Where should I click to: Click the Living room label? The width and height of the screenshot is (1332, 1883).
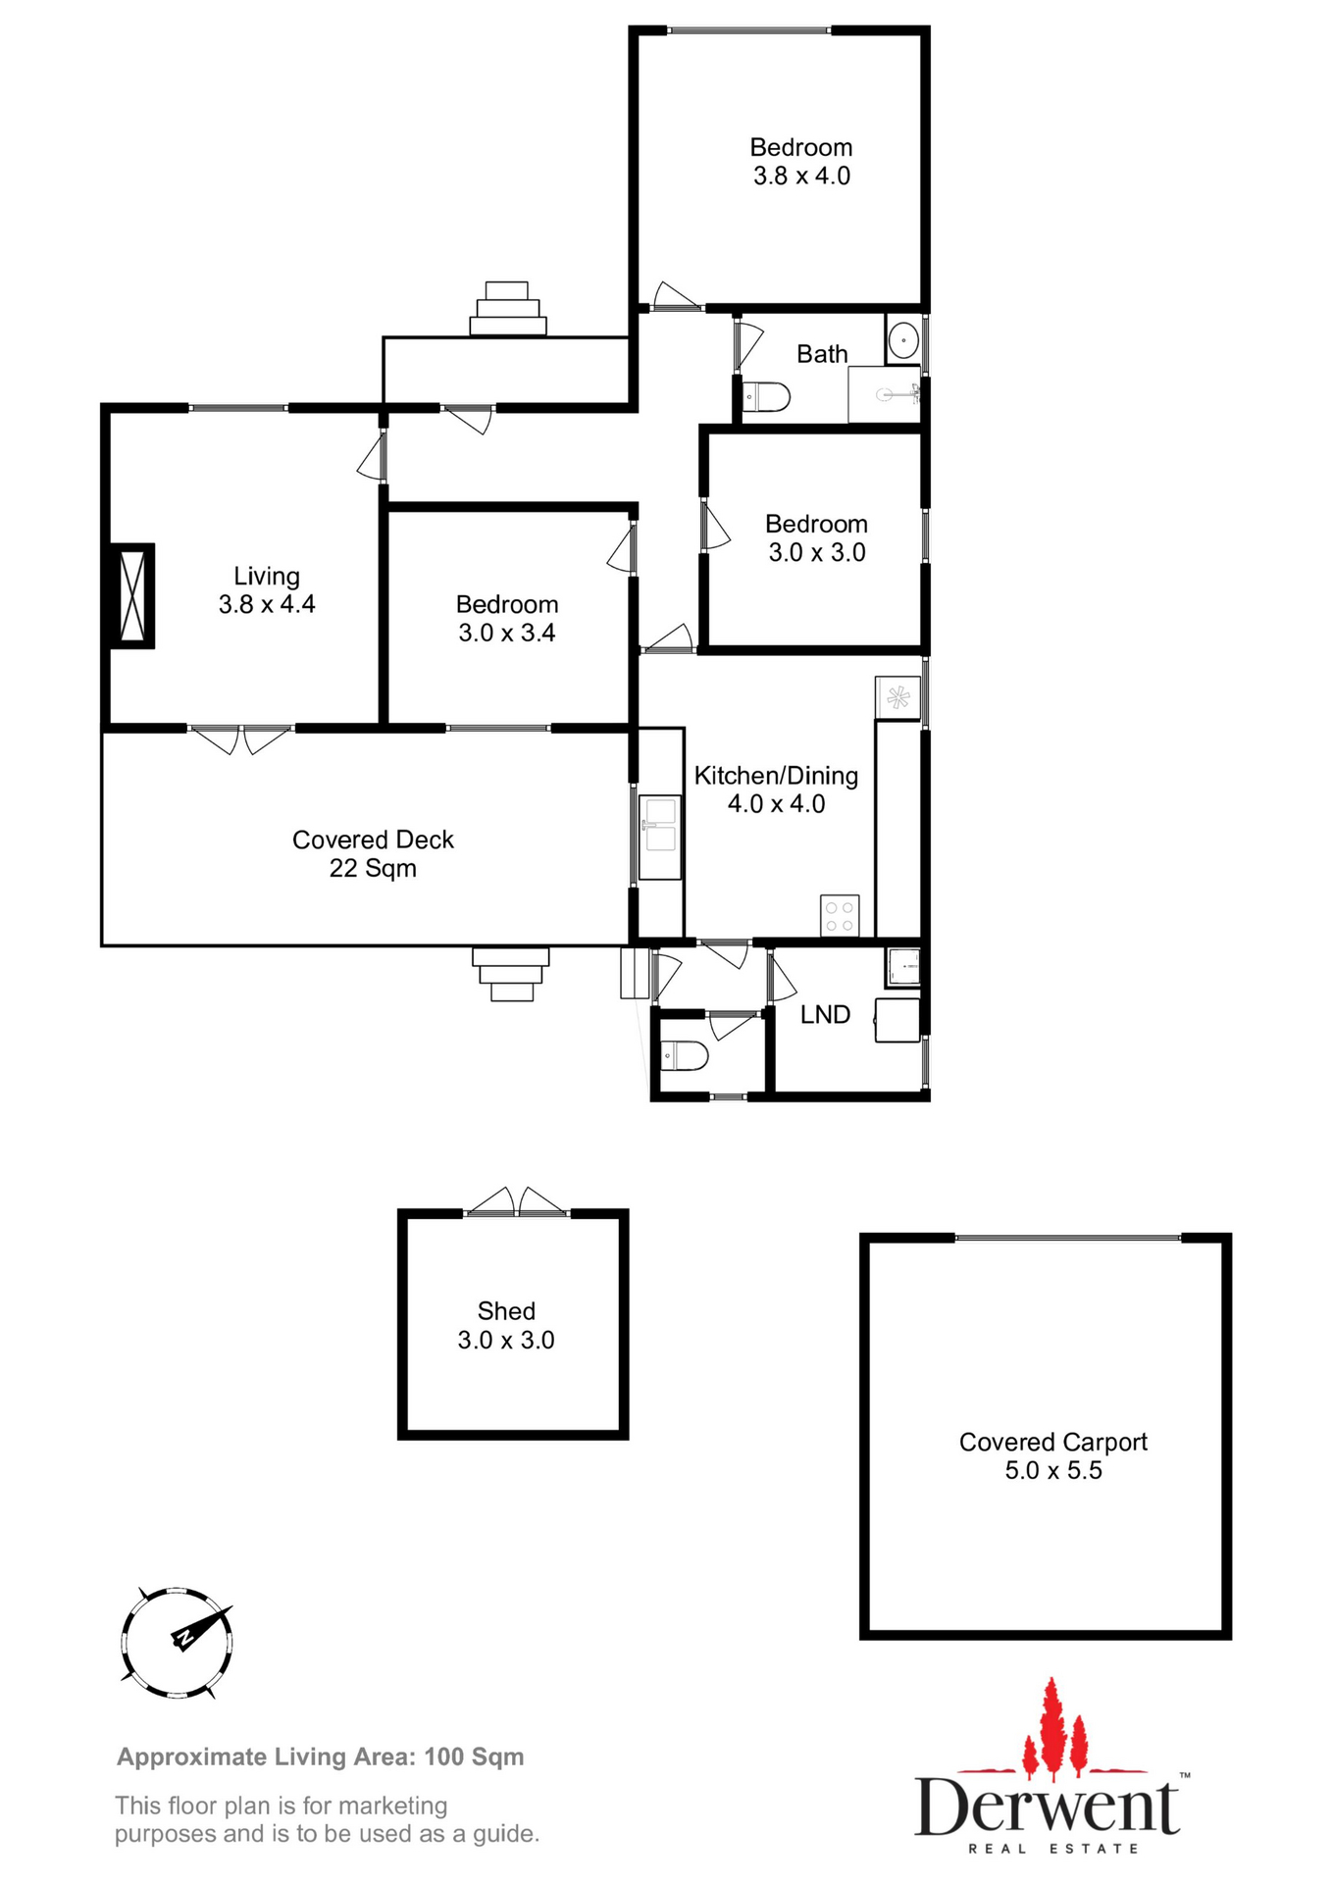pyautogui.click(x=266, y=576)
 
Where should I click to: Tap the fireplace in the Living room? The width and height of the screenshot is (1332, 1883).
pyautogui.click(x=131, y=595)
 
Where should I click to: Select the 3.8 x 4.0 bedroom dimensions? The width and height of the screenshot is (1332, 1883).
pyautogui.click(x=801, y=177)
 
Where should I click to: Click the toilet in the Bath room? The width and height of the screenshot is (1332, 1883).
pyautogui.click(x=766, y=397)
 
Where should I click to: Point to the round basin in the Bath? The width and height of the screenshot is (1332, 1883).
pyautogui.click(x=902, y=340)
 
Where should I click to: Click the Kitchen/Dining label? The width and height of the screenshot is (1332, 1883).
pyautogui.click(x=776, y=776)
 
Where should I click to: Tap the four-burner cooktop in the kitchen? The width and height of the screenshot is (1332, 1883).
pyautogui.click(x=840, y=916)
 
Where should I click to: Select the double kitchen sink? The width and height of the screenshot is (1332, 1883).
pyautogui.click(x=659, y=825)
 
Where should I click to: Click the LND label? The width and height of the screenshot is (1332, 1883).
pyautogui.click(x=825, y=1015)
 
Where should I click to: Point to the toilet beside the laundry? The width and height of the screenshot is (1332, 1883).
pyautogui.click(x=685, y=1056)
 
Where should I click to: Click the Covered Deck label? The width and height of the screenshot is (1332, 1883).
pyautogui.click(x=373, y=840)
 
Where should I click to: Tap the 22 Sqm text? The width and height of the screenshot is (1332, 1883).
pyautogui.click(x=373, y=869)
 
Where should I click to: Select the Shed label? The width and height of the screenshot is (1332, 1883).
pyautogui.click(x=506, y=1311)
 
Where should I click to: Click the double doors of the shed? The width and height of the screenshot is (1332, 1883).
pyautogui.click(x=517, y=1203)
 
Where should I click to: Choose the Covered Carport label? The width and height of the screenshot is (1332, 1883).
pyautogui.click(x=1052, y=1442)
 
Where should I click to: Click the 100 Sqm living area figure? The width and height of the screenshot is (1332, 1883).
pyautogui.click(x=474, y=1756)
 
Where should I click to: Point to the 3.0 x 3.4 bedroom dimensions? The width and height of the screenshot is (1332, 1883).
pyautogui.click(x=506, y=634)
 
